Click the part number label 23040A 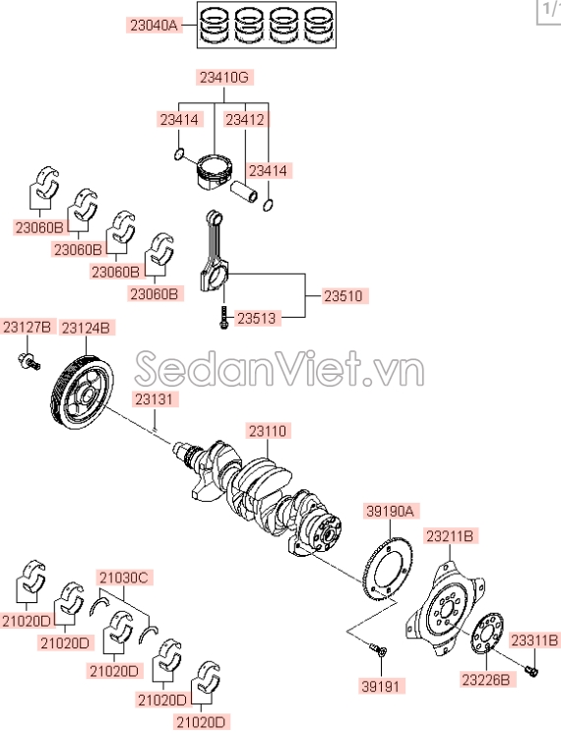[155, 27]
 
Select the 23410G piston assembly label [223, 76]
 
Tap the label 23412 [244, 119]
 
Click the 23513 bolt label [257, 318]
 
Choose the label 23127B [27, 327]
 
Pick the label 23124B [86, 327]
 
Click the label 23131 [156, 399]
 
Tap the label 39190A [392, 511]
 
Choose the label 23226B [485, 679]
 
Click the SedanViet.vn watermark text [280, 371]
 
